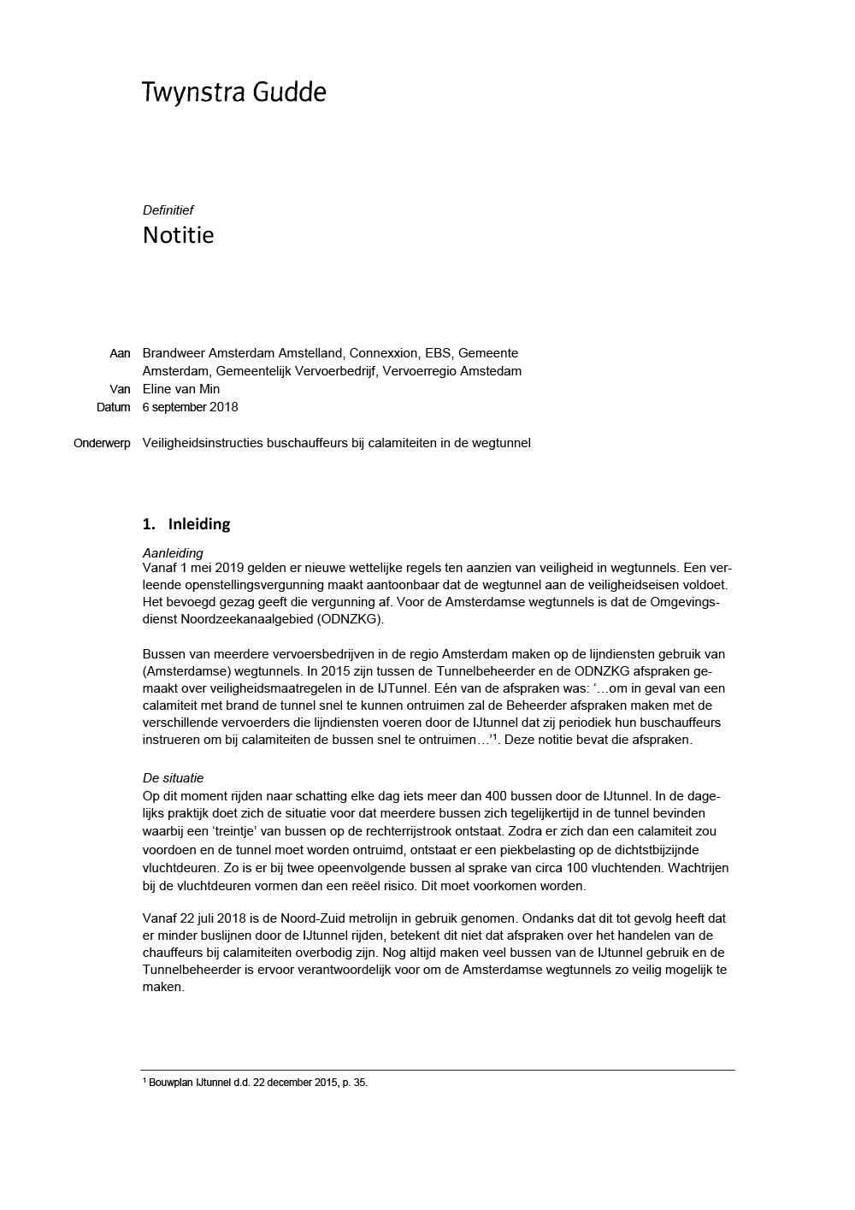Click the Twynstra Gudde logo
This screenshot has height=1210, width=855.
[x=233, y=92]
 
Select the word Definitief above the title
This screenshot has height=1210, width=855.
[x=168, y=210]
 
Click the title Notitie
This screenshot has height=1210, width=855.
[x=178, y=235]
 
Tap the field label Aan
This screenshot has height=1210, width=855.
[x=120, y=353]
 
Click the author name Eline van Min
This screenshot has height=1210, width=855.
[x=180, y=389]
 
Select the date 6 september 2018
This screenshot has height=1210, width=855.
[x=190, y=407]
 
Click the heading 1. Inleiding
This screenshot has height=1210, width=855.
[x=186, y=524]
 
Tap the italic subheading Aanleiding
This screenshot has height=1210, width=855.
[x=173, y=552]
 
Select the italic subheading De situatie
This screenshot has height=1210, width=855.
[x=173, y=778]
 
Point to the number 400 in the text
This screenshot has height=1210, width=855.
[x=463, y=795]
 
